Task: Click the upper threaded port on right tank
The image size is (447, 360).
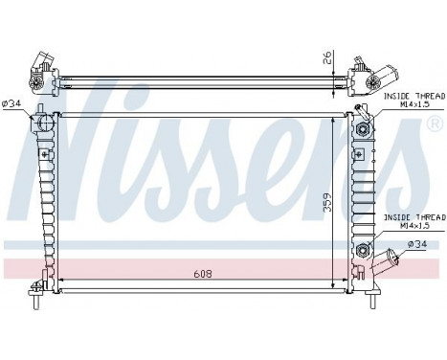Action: (364, 130)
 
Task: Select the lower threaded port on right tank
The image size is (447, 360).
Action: (364, 251)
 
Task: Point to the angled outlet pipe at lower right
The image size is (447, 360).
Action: (387, 259)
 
